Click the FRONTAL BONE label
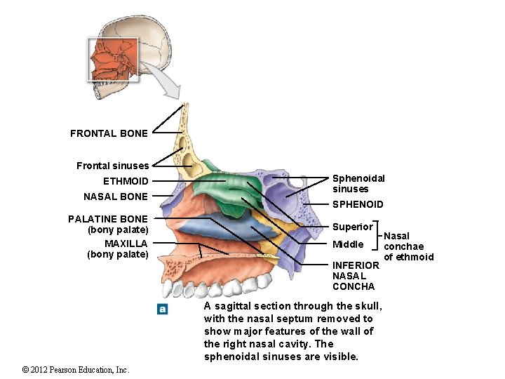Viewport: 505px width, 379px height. pyautogui.click(x=109, y=133)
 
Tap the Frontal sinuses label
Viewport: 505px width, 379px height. pyautogui.click(x=112, y=166)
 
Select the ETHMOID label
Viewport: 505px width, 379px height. pyautogui.click(x=126, y=182)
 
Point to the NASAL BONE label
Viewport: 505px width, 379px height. pyautogui.click(x=115, y=197)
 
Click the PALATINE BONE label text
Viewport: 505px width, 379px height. pyautogui.click(x=108, y=219)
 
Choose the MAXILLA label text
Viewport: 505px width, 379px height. pyautogui.click(x=126, y=244)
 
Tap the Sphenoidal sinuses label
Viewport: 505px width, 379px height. pyautogui.click(x=358, y=184)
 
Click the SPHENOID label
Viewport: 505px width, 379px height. pyautogui.click(x=358, y=204)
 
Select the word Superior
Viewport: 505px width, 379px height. pyautogui.click(x=352, y=227)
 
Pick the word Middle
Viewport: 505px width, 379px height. pyautogui.click(x=348, y=244)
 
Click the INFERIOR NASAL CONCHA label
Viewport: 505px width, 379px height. pyautogui.click(x=355, y=275)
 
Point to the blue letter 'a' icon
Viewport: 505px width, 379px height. pyautogui.click(x=163, y=309)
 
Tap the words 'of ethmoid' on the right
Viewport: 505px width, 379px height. pyautogui.click(x=409, y=257)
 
